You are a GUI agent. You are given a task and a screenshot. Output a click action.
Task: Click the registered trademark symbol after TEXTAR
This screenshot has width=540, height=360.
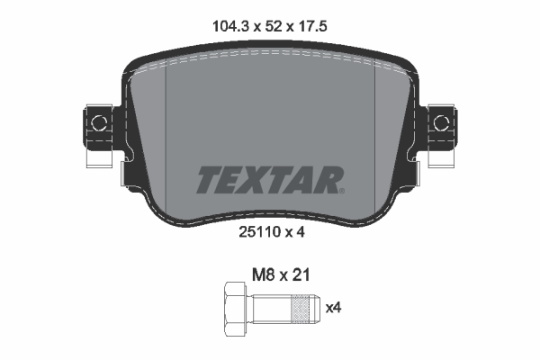tap(340, 190)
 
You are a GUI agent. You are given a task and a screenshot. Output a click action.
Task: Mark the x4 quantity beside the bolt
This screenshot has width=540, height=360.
tap(332, 308)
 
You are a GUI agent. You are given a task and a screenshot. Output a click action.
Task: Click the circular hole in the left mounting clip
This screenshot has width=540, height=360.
tap(98, 120)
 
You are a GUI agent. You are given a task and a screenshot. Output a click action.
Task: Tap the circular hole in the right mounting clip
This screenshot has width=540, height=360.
tap(440, 120)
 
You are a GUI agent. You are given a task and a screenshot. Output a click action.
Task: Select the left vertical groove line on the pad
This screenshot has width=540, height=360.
tap(168, 135)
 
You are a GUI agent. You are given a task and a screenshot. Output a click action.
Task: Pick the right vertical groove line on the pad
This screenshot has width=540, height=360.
tap(373, 135)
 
